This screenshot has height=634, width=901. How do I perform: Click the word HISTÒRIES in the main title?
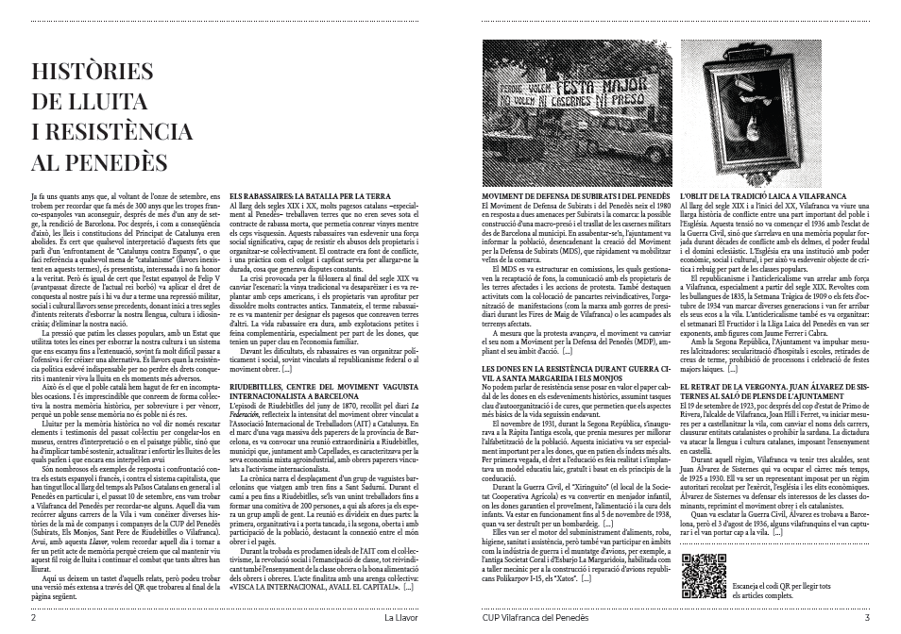pyautogui.click(x=92, y=73)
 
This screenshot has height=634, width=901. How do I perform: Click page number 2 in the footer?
pyautogui.click(x=34, y=619)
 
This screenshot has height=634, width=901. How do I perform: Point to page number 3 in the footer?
pyautogui.click(x=866, y=619)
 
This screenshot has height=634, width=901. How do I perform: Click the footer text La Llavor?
pyautogui.click(x=402, y=619)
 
